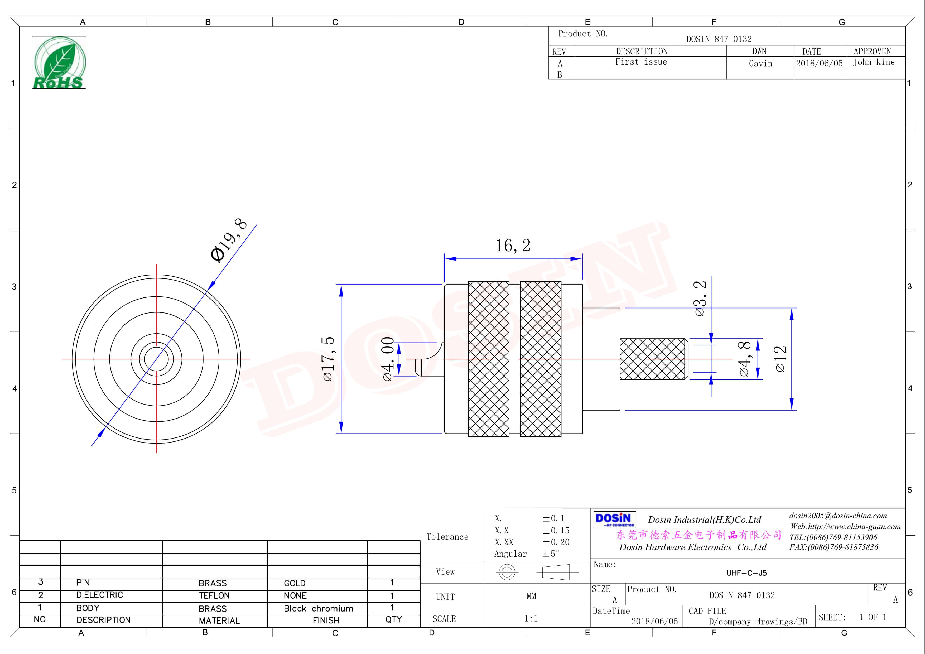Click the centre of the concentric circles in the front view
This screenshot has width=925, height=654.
[x=156, y=359]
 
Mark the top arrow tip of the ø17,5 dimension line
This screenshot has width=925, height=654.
[x=341, y=285]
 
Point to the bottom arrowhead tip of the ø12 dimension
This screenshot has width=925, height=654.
[x=792, y=410]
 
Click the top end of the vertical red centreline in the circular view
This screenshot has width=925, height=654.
[x=156, y=264]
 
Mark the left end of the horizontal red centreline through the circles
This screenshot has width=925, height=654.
[x=62, y=359]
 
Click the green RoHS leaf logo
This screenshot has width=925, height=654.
[x=59, y=62]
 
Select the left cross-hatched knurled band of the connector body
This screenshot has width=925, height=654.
[x=489, y=359]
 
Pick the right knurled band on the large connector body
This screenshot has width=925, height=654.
[x=540, y=359]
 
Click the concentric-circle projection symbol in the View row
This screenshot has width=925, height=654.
[x=507, y=572]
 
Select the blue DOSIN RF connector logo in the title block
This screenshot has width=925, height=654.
[x=614, y=520]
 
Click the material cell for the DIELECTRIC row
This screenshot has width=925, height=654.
[x=214, y=595]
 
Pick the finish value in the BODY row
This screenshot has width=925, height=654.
[x=318, y=608]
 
